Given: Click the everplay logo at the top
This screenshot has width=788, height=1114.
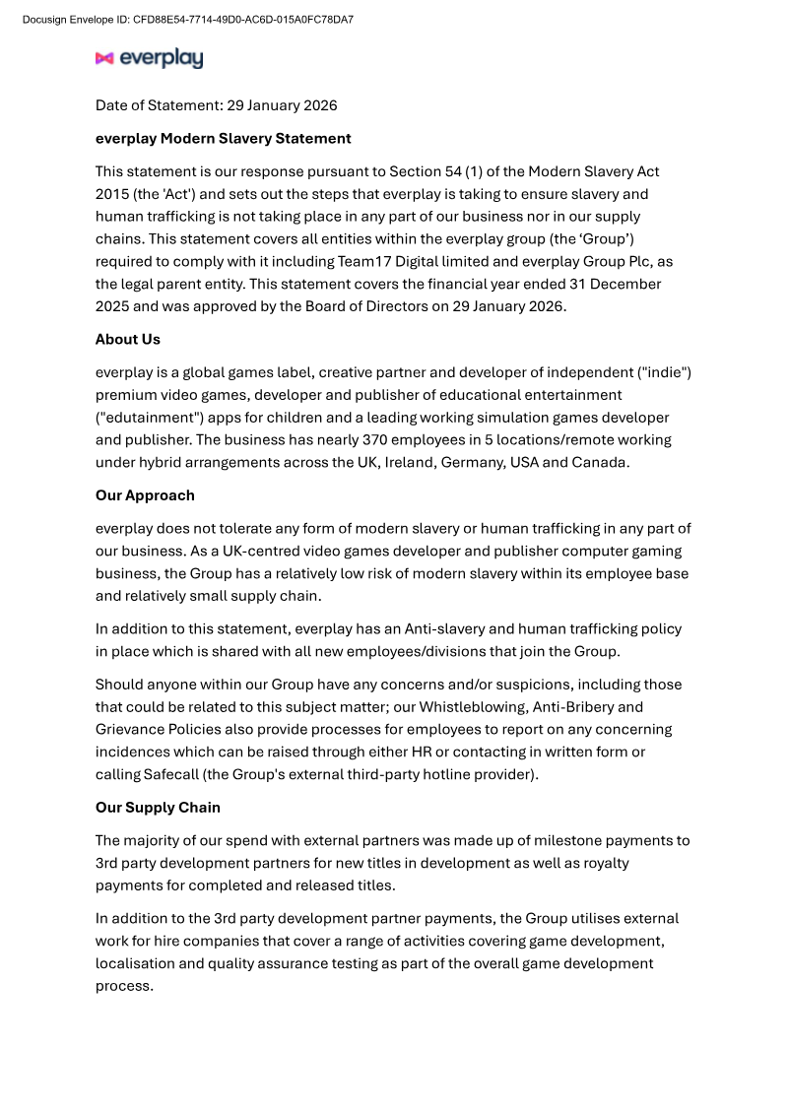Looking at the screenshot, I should (149, 59).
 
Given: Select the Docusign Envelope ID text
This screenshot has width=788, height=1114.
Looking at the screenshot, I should (187, 19).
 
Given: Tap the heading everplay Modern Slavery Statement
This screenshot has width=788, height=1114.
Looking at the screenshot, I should (223, 138).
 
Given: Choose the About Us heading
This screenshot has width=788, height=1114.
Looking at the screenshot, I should (127, 339).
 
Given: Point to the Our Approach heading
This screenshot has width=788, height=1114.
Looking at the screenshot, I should (145, 495).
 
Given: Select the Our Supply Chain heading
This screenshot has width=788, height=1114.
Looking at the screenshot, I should (158, 808).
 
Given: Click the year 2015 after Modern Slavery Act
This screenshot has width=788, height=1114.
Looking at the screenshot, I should (111, 194).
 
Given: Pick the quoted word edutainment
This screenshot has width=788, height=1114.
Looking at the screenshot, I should (143, 418).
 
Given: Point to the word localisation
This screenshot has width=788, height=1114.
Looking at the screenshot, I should (137, 963).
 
